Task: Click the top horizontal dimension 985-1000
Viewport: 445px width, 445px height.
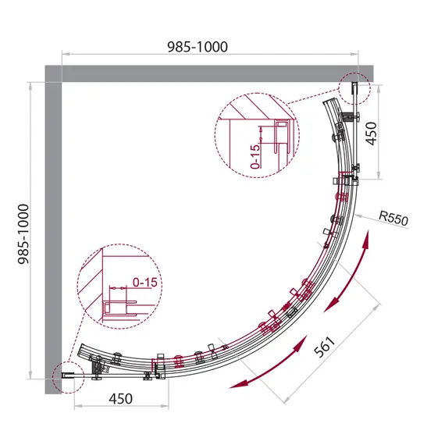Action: click(x=198, y=47)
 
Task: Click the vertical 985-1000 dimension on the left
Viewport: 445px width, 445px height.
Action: click(x=23, y=234)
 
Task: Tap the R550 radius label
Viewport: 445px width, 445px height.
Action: click(x=393, y=218)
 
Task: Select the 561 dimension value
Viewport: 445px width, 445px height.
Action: click(x=326, y=347)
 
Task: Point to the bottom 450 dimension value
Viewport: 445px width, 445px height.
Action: click(x=120, y=399)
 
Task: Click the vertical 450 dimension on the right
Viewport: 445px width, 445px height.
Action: click(x=371, y=133)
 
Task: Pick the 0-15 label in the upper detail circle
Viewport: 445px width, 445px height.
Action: click(x=255, y=156)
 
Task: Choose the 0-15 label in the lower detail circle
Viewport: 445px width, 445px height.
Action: click(x=144, y=283)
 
